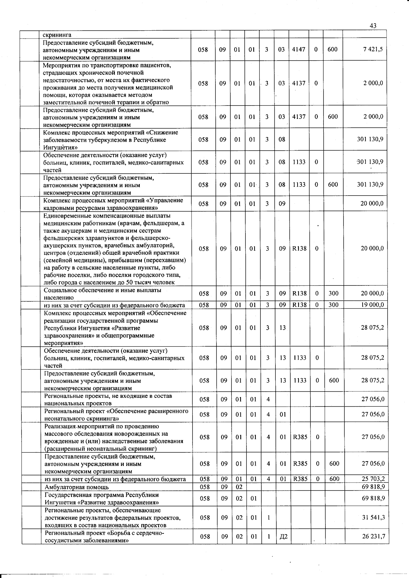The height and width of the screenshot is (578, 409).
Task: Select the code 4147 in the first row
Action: tap(299, 49)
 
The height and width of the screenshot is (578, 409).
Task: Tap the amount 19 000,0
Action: tap(373, 305)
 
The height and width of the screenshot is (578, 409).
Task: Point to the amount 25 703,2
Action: tap(373, 479)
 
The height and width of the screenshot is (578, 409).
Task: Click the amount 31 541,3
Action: tap(373, 517)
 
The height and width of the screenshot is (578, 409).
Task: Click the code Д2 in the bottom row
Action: tap(283, 536)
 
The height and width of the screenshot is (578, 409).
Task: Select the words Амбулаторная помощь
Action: tap(77, 487)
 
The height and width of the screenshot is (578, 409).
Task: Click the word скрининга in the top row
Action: tap(57, 35)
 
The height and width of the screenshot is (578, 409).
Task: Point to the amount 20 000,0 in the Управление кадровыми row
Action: tap(372, 204)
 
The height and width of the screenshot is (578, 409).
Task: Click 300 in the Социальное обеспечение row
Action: tap(333, 293)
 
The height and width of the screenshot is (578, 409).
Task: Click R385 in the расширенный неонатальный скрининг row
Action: tap(300, 437)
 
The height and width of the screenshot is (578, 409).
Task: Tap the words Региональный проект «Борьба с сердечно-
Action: tap(104, 533)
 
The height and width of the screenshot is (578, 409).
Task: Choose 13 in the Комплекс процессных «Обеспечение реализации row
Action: tap(283, 328)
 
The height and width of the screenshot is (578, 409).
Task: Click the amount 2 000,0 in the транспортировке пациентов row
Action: tap(373, 83)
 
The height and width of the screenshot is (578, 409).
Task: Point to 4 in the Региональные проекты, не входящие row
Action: tap(268, 399)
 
